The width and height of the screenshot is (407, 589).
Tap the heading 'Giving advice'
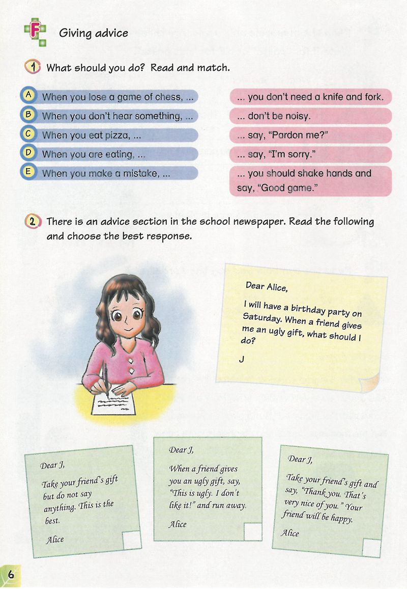pos(93,34)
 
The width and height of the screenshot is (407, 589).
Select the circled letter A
pos(30,95)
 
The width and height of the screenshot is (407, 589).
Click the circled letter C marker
pos(30,133)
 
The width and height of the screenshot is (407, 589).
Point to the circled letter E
pos(30,172)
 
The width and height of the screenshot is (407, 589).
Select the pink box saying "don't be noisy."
pos(310,116)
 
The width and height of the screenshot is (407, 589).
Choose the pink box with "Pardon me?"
pos(310,135)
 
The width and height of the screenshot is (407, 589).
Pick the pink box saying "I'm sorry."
pos(310,154)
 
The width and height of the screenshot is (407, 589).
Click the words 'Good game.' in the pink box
pos(288,188)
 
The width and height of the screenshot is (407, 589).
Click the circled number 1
pos(33,67)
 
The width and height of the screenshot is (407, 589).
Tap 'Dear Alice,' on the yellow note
pos(267,286)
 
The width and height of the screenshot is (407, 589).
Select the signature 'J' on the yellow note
pos(242,359)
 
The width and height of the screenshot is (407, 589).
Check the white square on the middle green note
pos(252,531)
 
